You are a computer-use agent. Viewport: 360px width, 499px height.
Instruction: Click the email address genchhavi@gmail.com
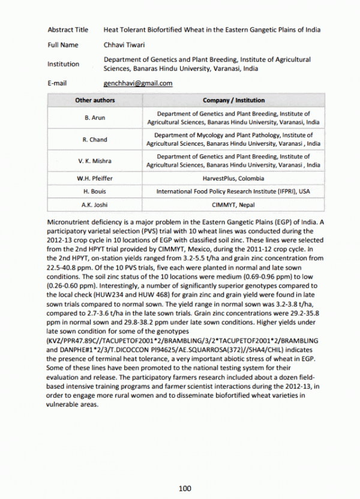(x=138, y=83)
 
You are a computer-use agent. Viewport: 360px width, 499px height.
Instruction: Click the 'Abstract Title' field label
(x=68, y=29)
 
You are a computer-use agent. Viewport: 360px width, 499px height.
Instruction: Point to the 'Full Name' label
(x=63, y=45)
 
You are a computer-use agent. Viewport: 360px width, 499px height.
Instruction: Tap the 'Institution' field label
(x=63, y=64)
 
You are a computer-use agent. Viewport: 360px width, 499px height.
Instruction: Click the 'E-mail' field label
(x=57, y=83)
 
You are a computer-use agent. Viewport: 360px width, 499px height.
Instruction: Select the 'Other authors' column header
(x=95, y=100)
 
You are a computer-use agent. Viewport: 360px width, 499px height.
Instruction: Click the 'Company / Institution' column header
(x=233, y=100)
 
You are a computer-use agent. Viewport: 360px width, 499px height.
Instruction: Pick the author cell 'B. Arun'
(x=95, y=118)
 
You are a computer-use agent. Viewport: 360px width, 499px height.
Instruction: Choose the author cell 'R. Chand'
(x=95, y=140)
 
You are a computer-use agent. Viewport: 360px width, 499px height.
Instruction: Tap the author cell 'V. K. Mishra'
(x=95, y=161)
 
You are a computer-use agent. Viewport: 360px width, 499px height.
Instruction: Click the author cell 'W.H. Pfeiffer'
(x=95, y=179)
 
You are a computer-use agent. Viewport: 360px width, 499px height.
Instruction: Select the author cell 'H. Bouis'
(x=95, y=191)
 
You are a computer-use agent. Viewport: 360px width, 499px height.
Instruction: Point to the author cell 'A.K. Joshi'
(x=95, y=205)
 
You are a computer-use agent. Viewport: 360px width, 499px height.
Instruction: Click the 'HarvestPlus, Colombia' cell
(x=233, y=179)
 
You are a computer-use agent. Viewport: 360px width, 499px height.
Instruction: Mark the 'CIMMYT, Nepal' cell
(x=233, y=205)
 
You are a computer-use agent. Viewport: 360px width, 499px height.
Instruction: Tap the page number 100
(x=185, y=489)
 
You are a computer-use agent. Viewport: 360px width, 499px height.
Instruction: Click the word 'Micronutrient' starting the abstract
(x=68, y=223)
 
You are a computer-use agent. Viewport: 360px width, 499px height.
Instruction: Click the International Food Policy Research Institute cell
(x=233, y=191)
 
